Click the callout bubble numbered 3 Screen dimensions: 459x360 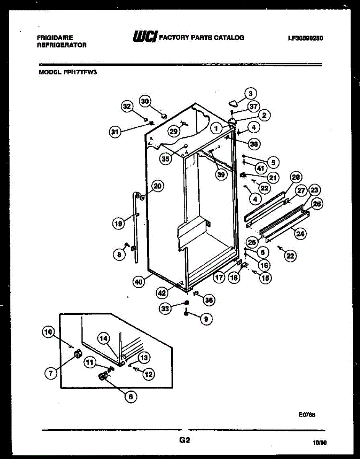250,93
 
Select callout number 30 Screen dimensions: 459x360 145,101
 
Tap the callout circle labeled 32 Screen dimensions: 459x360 127,106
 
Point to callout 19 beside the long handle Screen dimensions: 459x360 118,224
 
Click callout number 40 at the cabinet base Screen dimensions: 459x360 139,282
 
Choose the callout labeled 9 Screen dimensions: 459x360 206,319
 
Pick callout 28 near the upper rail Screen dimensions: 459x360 296,177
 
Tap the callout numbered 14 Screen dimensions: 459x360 104,338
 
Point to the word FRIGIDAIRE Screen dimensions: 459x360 55,37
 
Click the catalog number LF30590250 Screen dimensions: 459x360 305,38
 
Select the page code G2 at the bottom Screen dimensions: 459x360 185,440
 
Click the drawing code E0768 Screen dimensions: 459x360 307,414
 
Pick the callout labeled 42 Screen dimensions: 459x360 162,293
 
